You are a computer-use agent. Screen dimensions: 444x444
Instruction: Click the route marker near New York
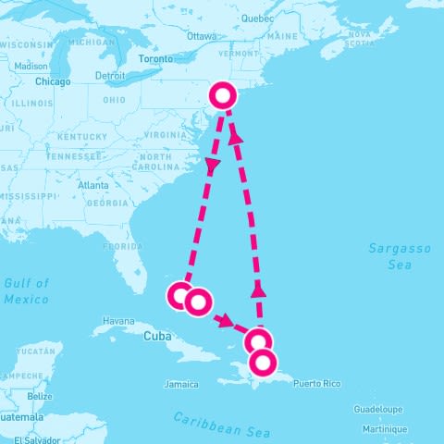(224, 94)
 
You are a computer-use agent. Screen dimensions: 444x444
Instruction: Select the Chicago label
(53, 81)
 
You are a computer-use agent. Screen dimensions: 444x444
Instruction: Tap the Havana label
(119, 321)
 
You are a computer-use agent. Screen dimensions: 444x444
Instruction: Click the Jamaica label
(181, 384)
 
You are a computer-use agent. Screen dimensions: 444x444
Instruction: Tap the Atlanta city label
(93, 185)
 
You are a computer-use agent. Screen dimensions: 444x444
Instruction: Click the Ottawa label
(201, 36)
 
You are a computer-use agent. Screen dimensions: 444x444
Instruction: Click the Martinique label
(384, 429)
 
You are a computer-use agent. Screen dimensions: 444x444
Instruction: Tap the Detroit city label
(110, 76)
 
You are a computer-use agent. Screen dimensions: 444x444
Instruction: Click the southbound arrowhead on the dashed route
(212, 166)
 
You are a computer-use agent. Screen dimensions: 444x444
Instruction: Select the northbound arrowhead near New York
(236, 137)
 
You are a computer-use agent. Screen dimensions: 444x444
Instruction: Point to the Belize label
(40, 396)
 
